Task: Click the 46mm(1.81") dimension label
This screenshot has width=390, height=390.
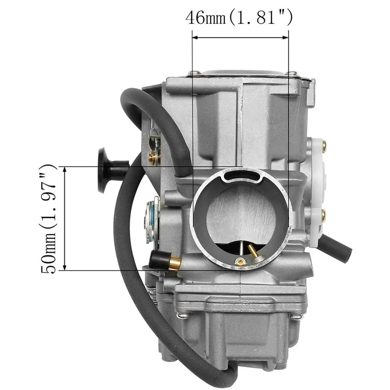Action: coord(239,18)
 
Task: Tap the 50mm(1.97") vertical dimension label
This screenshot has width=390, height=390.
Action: coord(48,219)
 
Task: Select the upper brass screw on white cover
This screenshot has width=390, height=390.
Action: coord(324,145)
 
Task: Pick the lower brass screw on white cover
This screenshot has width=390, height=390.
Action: coord(324,215)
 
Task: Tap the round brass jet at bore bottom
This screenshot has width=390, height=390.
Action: coord(240,261)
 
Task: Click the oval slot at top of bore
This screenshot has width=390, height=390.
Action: coord(242,175)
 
